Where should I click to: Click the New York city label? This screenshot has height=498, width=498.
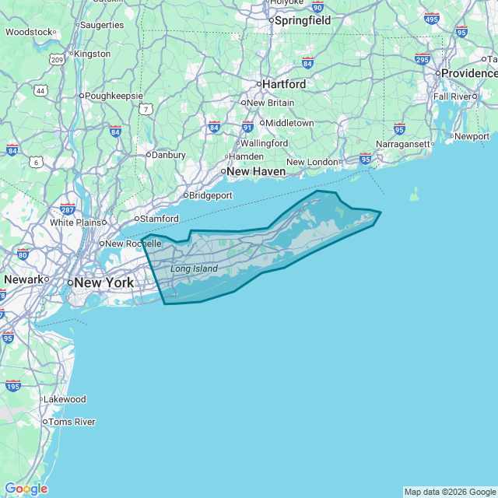pyautogui.click(x=104, y=282)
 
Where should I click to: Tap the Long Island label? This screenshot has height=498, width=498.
pyautogui.click(x=194, y=269)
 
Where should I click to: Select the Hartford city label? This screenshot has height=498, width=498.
pyautogui.click(x=284, y=83)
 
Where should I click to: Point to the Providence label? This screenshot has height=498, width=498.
pyautogui.click(x=469, y=72)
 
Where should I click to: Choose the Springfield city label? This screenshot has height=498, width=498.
pyautogui.click(x=302, y=20)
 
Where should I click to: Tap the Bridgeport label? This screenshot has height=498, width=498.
pyautogui.click(x=211, y=195)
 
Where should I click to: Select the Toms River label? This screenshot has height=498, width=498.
pyautogui.click(x=72, y=422)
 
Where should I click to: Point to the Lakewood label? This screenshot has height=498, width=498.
pyautogui.click(x=65, y=399)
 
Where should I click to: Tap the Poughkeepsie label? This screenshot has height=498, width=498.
pyautogui.click(x=114, y=96)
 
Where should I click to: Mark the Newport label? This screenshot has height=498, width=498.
pyautogui.click(x=472, y=136)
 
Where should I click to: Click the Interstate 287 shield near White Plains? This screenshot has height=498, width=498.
pyautogui.click(x=67, y=209)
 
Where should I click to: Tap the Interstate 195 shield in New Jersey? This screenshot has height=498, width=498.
pyautogui.click(x=12, y=385)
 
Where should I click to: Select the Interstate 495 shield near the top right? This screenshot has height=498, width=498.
pyautogui.click(x=432, y=18)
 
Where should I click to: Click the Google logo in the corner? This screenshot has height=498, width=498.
pyautogui.click(x=26, y=489)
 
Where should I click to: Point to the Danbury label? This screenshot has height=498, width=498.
pyautogui.click(x=168, y=155)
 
